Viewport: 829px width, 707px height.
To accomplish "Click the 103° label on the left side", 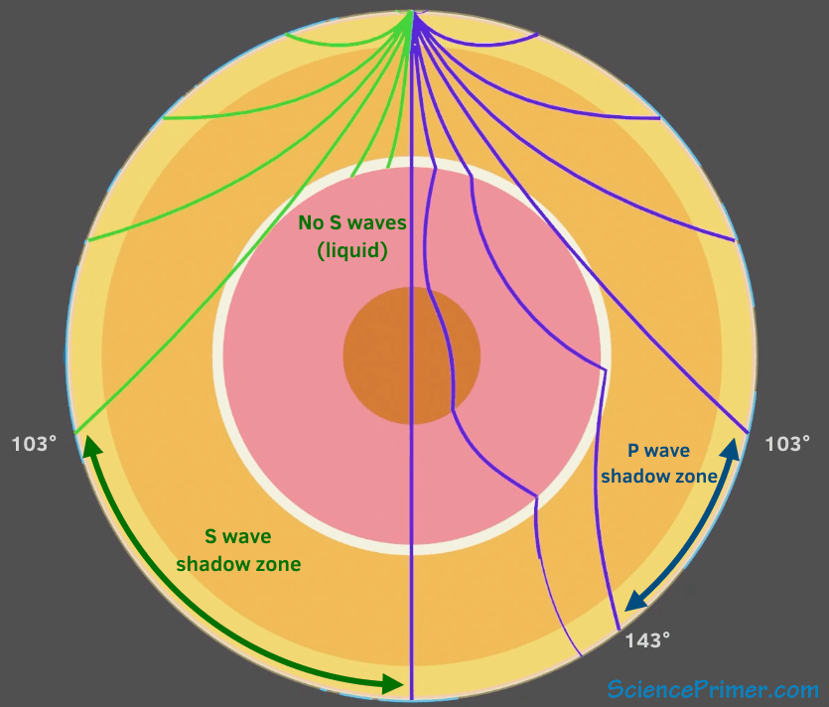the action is (35, 444).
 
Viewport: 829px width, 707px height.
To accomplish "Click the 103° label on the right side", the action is (787, 444).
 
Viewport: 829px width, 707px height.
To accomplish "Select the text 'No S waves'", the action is (351, 223).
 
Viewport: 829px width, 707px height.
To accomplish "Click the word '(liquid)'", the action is (351, 250).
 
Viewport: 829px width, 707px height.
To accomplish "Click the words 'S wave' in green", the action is (238, 537).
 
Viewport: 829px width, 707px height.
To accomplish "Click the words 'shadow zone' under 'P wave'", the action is (659, 477).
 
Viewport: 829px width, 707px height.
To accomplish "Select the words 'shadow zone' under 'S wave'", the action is (238, 564).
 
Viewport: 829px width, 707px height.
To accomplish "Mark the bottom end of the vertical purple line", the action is (411, 698).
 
